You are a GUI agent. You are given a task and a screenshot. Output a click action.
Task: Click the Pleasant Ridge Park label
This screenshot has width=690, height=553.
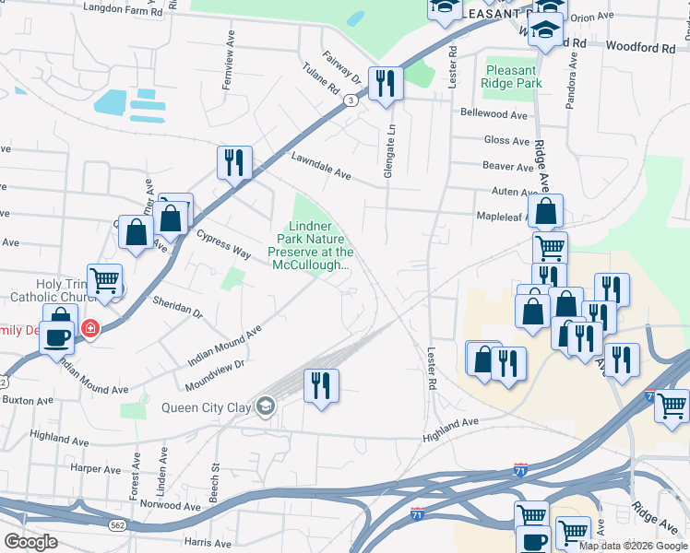click(508, 76)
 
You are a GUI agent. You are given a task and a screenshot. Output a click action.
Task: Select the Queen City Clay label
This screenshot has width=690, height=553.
click(208, 407)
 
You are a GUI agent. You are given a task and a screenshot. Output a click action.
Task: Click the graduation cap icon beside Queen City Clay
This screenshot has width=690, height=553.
click(266, 406)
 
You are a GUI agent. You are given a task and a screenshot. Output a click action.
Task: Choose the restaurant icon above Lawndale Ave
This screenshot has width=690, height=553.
click(234, 163)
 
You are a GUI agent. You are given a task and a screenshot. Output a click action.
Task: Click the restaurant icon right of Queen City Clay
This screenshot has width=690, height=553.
click(321, 384)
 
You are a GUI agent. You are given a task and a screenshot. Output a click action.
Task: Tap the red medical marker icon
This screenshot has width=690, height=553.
click(90, 328)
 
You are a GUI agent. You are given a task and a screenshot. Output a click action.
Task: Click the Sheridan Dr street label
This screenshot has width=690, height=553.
click(177, 307)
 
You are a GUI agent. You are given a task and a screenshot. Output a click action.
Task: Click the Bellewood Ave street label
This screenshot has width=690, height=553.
click(494, 114)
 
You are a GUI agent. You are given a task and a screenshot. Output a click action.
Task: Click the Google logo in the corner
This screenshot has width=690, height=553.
click(30, 541)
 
